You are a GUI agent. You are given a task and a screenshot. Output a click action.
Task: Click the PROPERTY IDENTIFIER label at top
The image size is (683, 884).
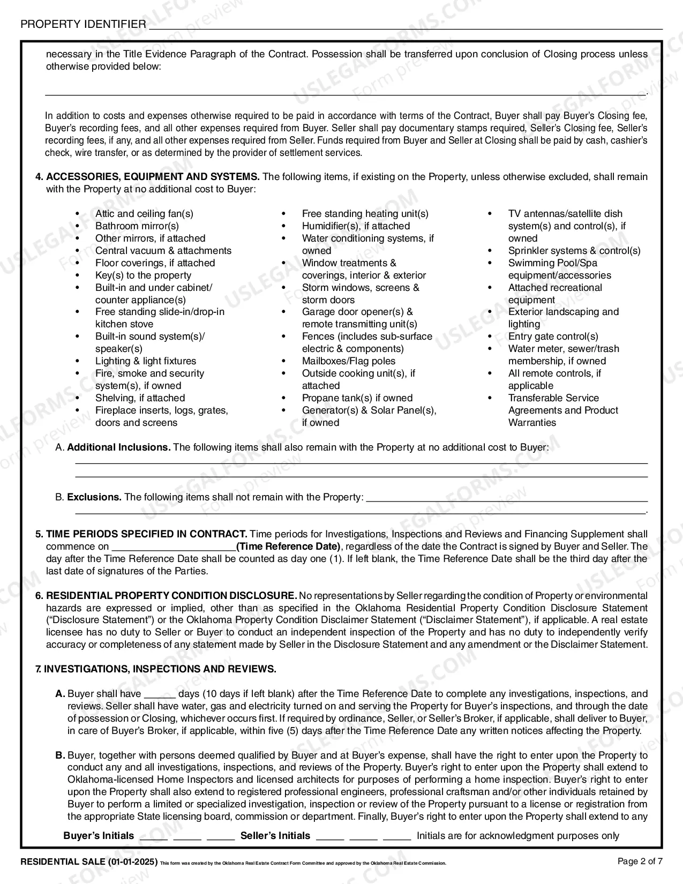coord(83,24)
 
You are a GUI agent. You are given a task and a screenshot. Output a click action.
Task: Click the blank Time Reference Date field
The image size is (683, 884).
coord(174,547)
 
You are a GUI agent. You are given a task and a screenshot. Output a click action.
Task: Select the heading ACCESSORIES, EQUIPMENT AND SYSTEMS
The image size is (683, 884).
coord(153,177)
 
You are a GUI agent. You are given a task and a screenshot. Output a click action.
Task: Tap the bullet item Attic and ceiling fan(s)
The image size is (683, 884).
coord(144,214)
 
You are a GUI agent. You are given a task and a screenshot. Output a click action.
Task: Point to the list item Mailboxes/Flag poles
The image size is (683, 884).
coord(348,361)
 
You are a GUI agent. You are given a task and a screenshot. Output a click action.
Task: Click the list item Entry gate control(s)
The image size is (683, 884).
coord(553,336)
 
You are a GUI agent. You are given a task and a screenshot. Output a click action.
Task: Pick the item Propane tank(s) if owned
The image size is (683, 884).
coord(357,398)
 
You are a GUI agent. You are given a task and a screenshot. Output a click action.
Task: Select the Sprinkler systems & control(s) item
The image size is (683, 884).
coord(574,251)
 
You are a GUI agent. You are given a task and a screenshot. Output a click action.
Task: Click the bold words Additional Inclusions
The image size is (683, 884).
coord(118,447)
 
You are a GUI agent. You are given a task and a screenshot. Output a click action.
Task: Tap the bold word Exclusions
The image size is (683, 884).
coord(94,497)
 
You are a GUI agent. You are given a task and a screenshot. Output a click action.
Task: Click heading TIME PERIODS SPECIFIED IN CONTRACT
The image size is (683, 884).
coord(146,534)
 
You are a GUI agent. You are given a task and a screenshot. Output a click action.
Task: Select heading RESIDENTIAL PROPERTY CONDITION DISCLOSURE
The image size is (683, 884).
coord(171,596)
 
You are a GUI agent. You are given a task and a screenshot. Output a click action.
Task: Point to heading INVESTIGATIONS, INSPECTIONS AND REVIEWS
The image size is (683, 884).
coord(160,669)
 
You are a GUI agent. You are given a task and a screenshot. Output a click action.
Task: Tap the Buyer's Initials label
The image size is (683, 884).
coord(99,836)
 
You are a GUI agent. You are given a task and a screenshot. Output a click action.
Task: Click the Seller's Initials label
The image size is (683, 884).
coord(275,836)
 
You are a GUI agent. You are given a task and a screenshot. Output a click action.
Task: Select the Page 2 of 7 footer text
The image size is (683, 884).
coord(640,861)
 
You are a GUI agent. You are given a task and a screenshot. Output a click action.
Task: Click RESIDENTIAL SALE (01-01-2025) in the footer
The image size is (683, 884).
coord(88,862)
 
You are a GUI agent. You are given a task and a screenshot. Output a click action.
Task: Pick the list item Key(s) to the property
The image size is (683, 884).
coord(143,275)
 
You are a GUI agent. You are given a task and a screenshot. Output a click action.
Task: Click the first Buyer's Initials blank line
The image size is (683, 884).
coord(154,837)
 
